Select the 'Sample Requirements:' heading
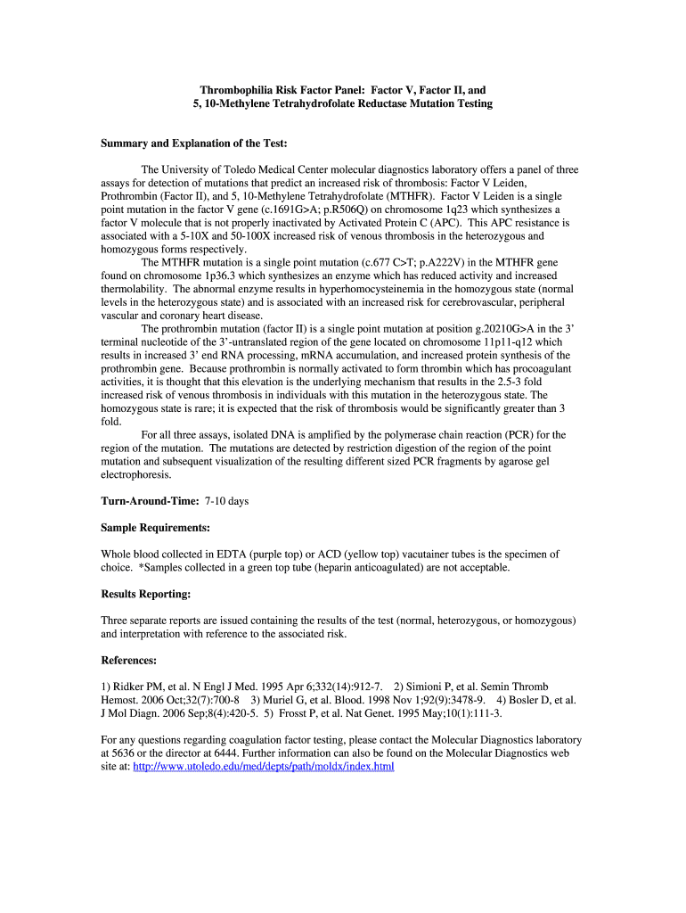tap(156, 528)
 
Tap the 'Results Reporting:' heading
tap(146, 594)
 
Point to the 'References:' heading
tap(129, 661)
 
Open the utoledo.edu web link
tap(263, 766)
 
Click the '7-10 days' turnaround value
tap(226, 501)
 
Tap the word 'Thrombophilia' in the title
tap(238, 91)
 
